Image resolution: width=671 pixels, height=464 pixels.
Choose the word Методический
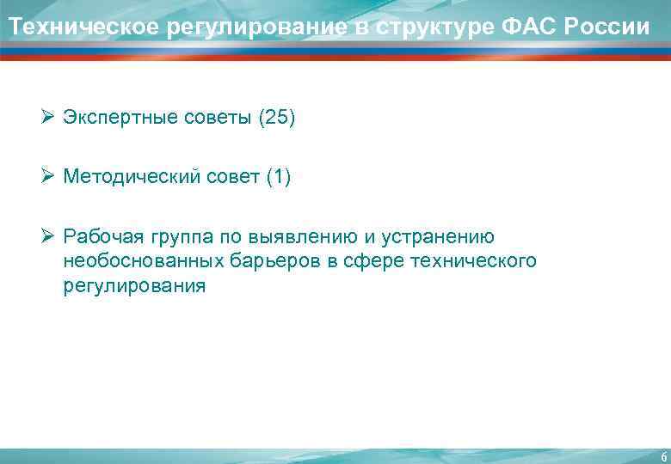pos(129,177)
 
